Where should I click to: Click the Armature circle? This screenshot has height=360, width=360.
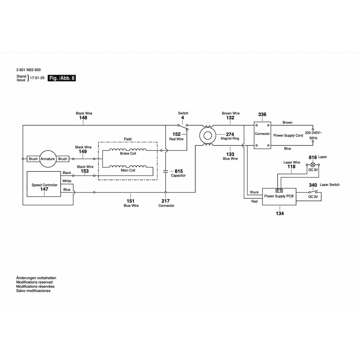(x=48, y=159)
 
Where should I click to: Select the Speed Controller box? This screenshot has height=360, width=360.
(x=44, y=184)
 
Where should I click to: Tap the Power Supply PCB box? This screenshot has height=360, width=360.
(x=279, y=197)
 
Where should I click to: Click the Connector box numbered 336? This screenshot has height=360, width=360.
(x=262, y=135)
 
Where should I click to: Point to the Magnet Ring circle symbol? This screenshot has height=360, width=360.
(x=207, y=135)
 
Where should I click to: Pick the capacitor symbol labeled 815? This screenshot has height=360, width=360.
(x=166, y=171)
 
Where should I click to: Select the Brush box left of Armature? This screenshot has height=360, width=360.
(x=33, y=159)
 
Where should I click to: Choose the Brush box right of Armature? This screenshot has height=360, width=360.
(x=63, y=159)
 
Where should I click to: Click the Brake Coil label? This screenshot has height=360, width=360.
(x=128, y=153)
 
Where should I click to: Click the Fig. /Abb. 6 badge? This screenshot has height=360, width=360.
(x=62, y=78)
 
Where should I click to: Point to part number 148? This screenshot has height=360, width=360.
(x=83, y=118)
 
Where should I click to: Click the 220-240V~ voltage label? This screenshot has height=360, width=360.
(x=313, y=132)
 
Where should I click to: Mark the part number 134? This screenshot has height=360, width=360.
(x=280, y=213)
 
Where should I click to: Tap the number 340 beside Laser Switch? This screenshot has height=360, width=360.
(x=313, y=185)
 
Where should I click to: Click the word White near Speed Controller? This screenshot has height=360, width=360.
(x=67, y=181)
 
